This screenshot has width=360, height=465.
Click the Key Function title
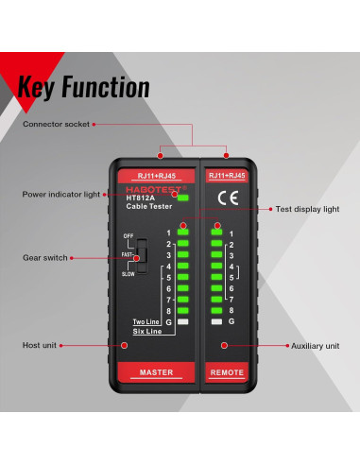click(83, 87)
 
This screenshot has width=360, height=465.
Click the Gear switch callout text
click(43, 257)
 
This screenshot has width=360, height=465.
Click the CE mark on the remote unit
click(228, 198)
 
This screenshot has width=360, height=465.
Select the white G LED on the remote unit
click(217, 322)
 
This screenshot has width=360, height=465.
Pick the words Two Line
click(146, 322)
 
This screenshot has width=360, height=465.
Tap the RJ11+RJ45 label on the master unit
click(155, 175)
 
